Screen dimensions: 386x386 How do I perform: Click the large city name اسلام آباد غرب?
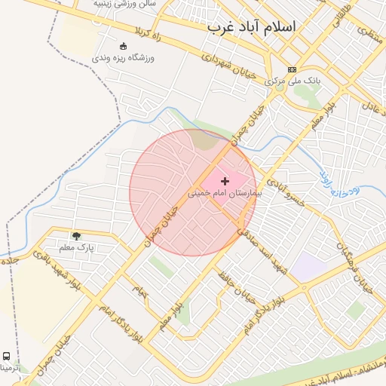coord(251,27)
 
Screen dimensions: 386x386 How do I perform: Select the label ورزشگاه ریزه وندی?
coord(124,57)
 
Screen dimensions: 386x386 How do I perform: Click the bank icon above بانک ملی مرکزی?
coord(293,69)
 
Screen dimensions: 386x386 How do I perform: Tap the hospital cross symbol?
coord(225,181)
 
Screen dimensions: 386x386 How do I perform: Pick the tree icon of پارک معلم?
coord(75,236)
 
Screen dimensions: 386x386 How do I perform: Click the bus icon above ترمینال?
coord(6,355)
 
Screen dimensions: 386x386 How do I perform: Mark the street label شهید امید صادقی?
coord(257,249)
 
